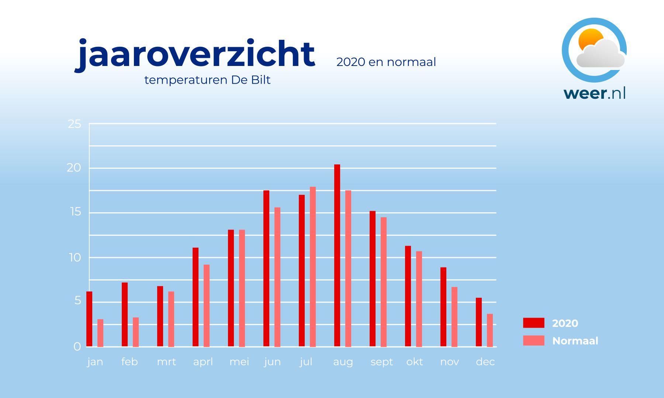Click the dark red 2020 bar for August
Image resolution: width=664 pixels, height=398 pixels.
click(x=337, y=255)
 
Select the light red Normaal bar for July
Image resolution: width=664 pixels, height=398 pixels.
click(x=313, y=267)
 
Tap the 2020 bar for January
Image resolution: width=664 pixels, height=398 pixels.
click(x=89, y=319)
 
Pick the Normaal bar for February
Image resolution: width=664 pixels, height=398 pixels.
click(x=136, y=332)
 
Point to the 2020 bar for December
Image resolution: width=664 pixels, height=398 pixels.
click(x=479, y=322)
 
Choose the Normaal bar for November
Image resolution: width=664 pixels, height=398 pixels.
click(x=454, y=317)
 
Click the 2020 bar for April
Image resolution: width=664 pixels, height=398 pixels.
click(x=196, y=297)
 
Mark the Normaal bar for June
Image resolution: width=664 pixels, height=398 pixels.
click(x=277, y=277)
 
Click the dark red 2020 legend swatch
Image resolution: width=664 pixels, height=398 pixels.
click(x=533, y=323)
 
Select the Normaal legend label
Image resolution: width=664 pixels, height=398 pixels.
click(x=575, y=341)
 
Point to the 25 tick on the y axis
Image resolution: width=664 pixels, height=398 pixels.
click(x=74, y=124)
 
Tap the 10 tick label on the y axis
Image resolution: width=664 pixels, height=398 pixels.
click(x=75, y=258)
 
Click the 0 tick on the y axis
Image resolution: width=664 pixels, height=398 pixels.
click(x=77, y=347)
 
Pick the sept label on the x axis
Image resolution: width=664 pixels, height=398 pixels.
click(x=382, y=362)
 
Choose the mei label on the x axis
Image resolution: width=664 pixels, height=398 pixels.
click(x=239, y=362)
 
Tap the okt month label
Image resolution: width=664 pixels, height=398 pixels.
click(x=415, y=362)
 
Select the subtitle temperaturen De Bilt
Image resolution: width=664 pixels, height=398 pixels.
click(x=207, y=80)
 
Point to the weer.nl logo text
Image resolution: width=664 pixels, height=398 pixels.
click(x=595, y=93)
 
